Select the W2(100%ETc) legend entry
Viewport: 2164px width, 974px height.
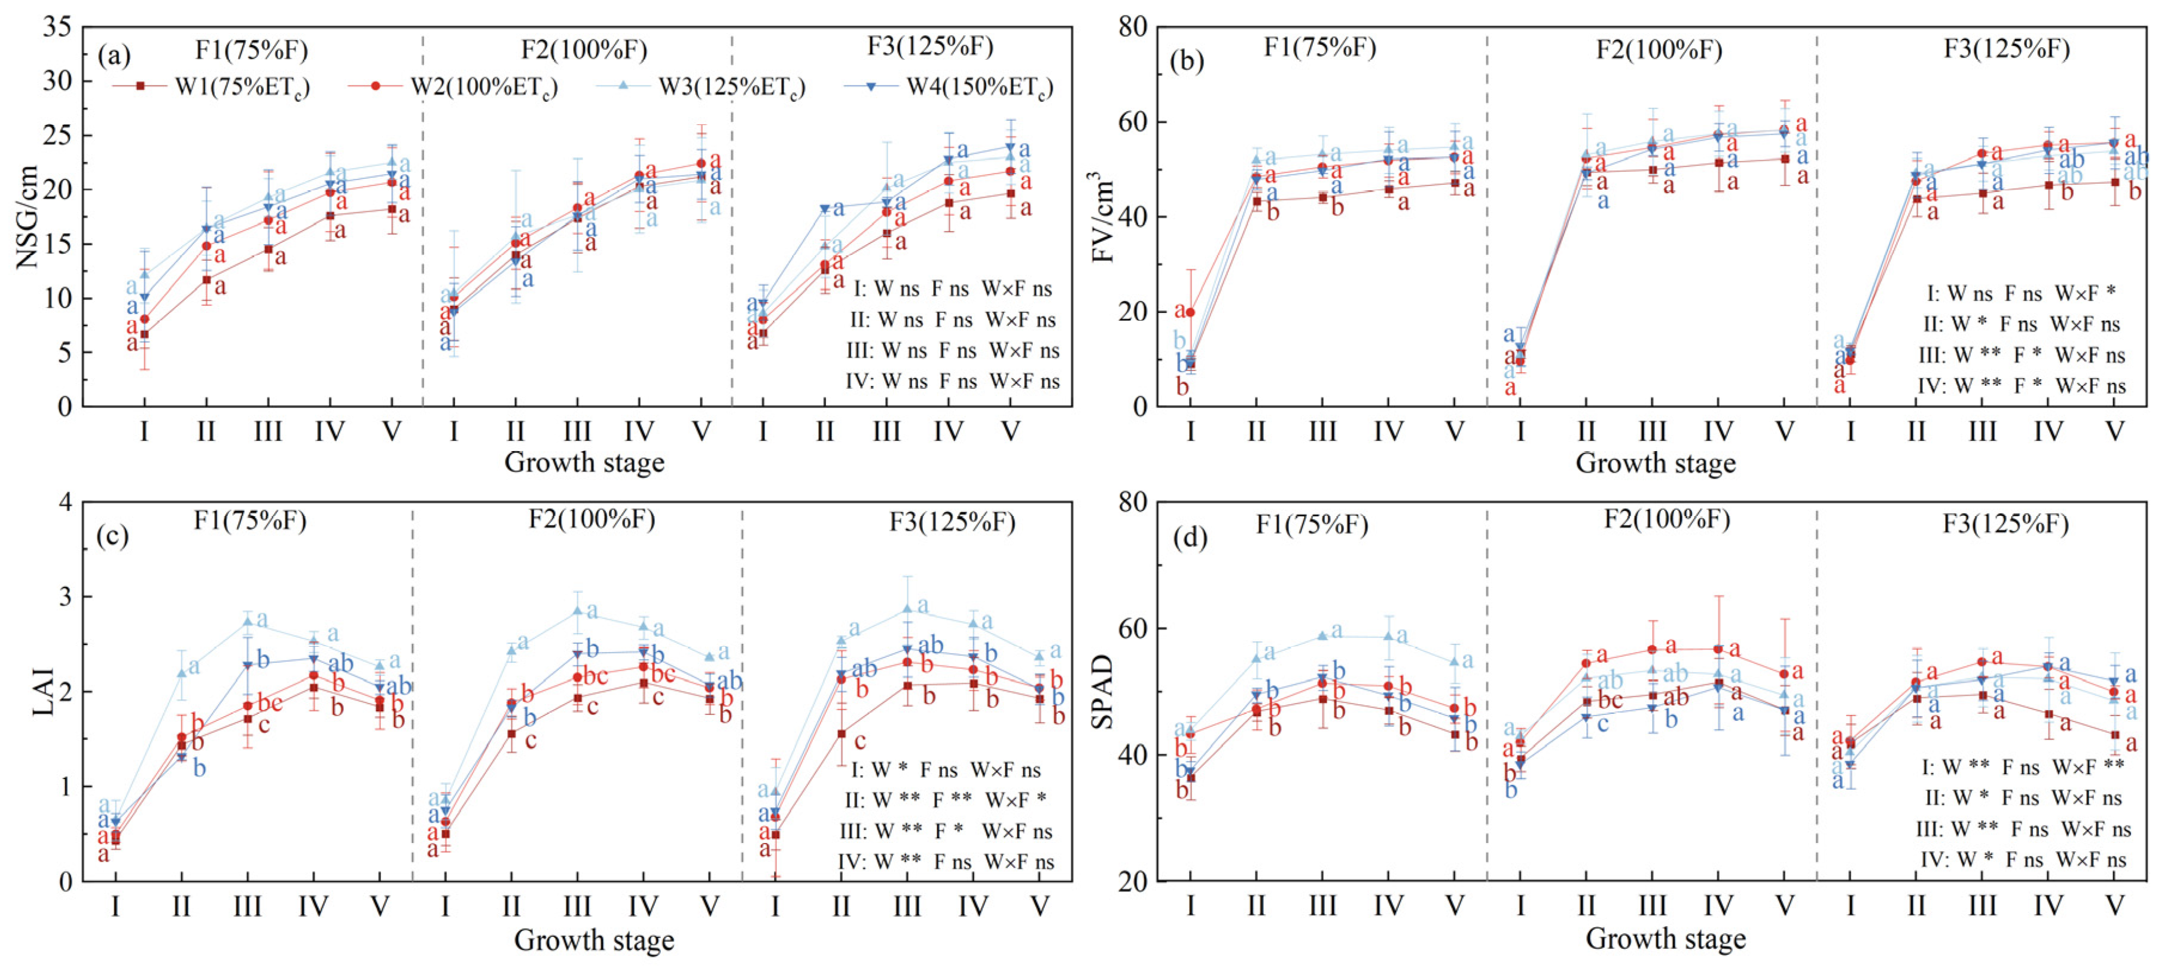point(453,87)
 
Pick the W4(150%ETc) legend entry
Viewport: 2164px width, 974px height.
point(949,87)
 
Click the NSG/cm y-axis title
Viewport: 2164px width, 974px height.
point(28,217)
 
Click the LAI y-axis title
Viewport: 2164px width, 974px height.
point(42,692)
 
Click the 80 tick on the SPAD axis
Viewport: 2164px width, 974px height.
point(1132,502)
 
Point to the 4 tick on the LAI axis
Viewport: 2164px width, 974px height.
point(66,502)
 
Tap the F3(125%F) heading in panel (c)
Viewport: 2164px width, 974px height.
point(952,523)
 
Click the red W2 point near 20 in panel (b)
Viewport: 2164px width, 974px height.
point(1190,312)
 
